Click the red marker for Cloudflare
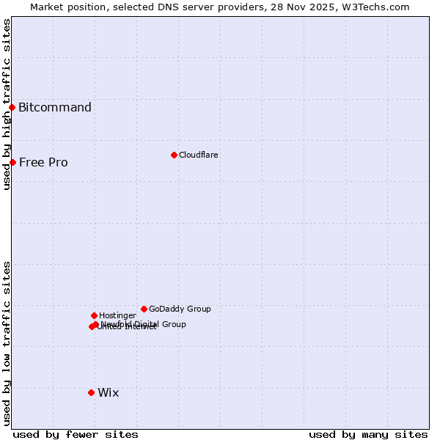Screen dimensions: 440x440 point(174,155)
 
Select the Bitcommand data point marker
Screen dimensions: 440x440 point(12,107)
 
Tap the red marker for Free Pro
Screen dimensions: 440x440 point(12,162)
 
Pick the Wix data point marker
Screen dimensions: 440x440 point(91,392)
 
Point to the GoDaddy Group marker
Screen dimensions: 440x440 point(144,309)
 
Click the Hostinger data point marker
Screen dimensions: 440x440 point(94,315)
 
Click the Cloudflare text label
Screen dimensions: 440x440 point(199,155)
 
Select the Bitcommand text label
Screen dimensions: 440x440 point(55,108)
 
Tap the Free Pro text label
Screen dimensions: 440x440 point(43,163)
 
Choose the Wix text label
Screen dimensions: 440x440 point(108,393)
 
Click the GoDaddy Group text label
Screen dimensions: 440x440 point(180,309)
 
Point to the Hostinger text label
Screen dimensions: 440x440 point(117,315)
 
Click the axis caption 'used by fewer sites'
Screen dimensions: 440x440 point(76,434)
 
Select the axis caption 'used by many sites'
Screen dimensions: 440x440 point(368,434)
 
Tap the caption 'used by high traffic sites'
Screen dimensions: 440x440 point(7,104)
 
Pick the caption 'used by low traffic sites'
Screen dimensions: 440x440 point(7,343)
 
